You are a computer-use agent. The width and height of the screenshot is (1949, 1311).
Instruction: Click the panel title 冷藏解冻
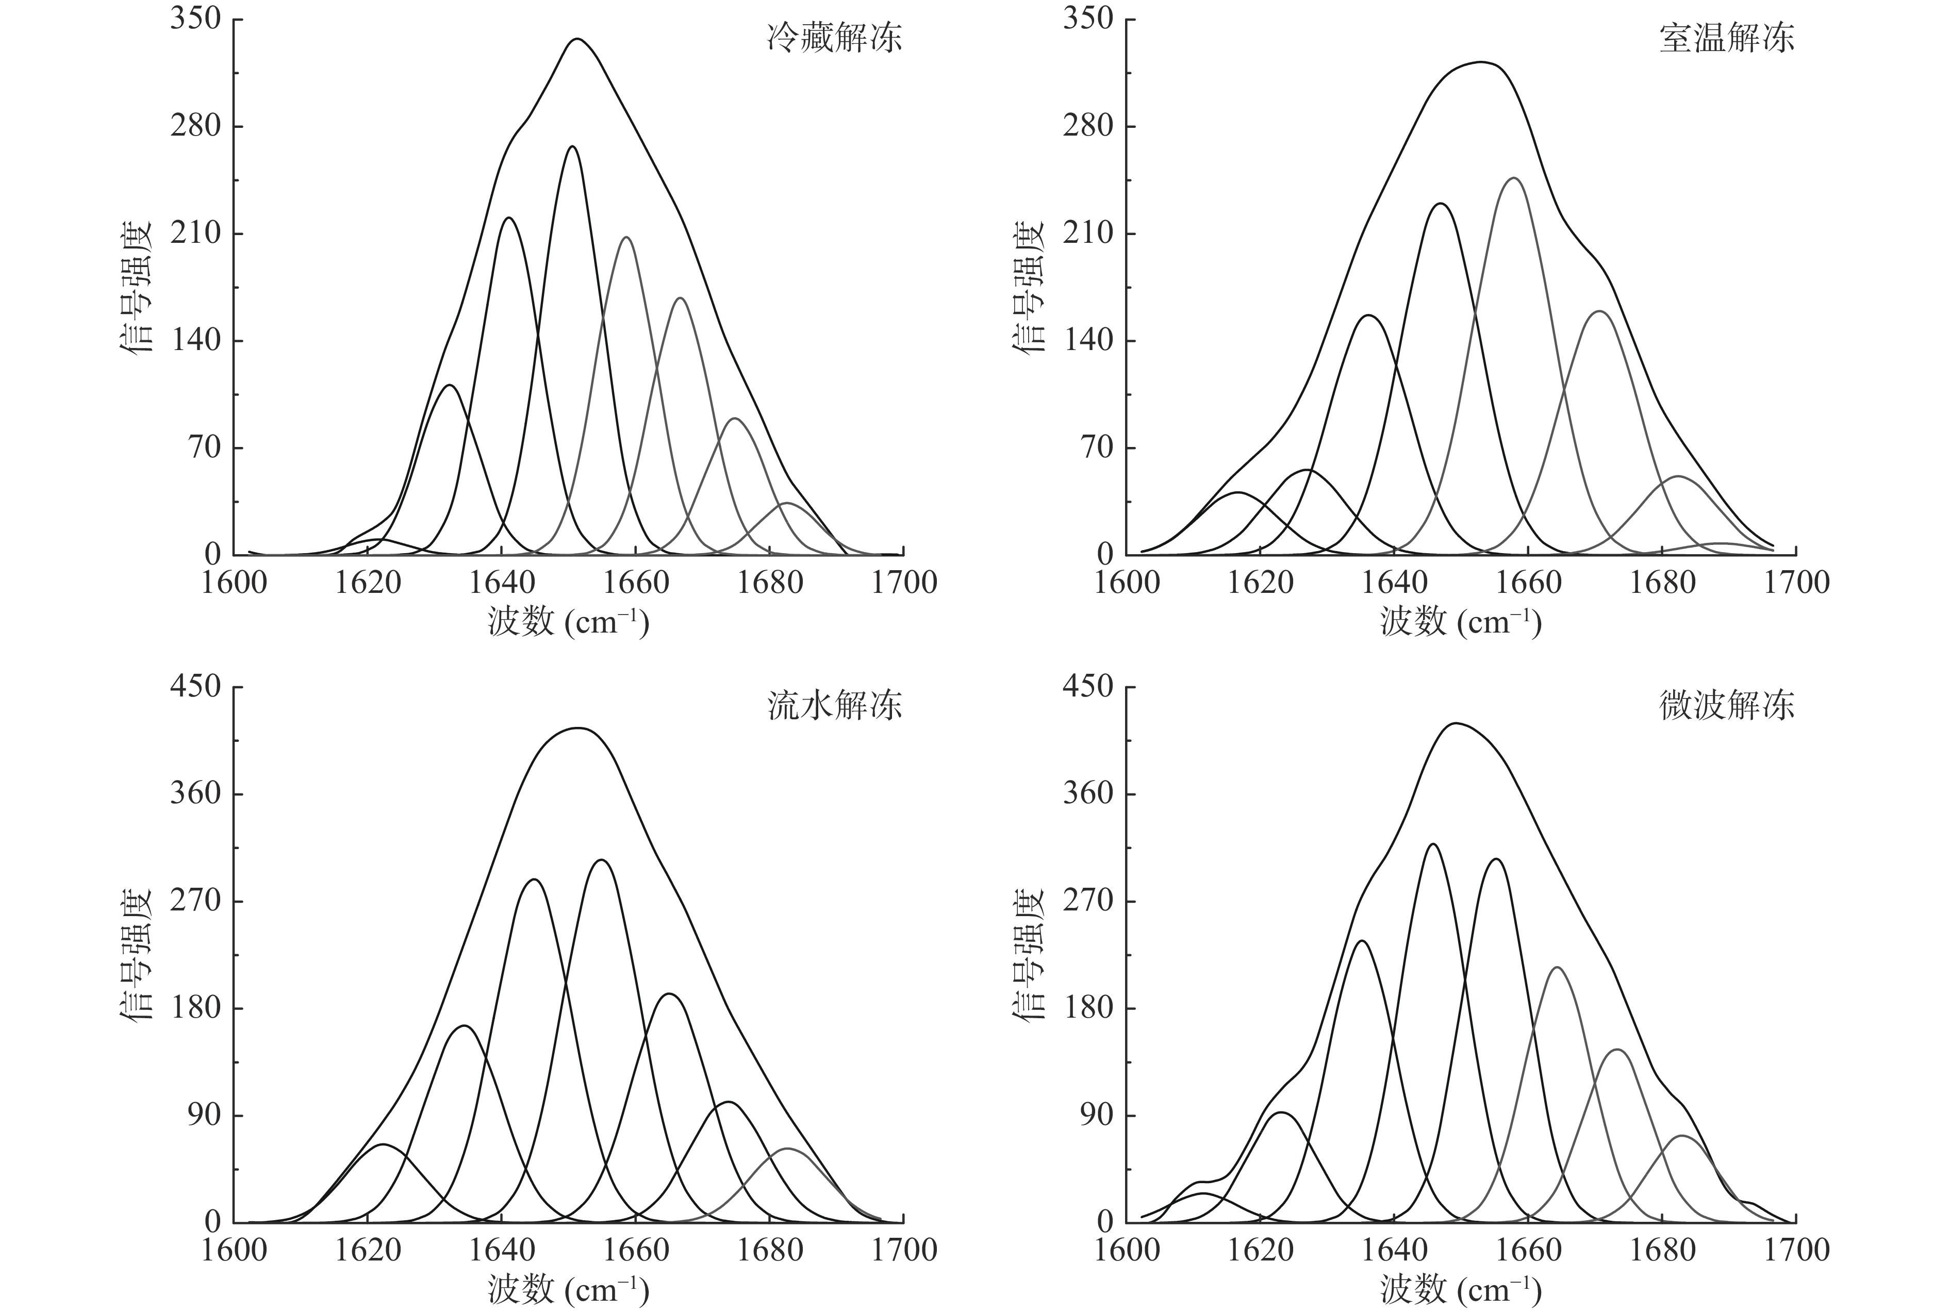[x=834, y=39]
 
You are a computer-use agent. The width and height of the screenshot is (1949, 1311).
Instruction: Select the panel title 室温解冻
[x=1727, y=39]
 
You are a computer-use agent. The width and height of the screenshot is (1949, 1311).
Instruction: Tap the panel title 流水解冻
[x=834, y=706]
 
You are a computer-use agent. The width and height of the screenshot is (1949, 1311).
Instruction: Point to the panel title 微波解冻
[x=1727, y=706]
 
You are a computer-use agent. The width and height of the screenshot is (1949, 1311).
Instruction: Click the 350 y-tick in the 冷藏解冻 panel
[x=195, y=19]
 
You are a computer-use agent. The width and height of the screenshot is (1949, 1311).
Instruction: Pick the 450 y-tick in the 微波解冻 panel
[x=1088, y=687]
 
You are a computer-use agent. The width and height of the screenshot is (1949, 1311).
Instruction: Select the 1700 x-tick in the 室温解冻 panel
[x=1796, y=582]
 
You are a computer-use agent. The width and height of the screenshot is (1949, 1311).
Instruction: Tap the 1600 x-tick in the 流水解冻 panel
[x=234, y=1250]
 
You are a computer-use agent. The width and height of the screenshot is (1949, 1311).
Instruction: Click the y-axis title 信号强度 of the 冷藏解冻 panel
[x=136, y=286]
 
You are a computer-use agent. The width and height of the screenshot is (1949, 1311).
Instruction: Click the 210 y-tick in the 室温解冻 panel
[x=1088, y=233]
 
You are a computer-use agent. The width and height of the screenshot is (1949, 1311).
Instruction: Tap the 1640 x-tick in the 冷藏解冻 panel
[x=502, y=582]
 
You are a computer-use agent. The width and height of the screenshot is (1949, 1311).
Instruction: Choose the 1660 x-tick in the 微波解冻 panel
[x=1528, y=1250]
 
